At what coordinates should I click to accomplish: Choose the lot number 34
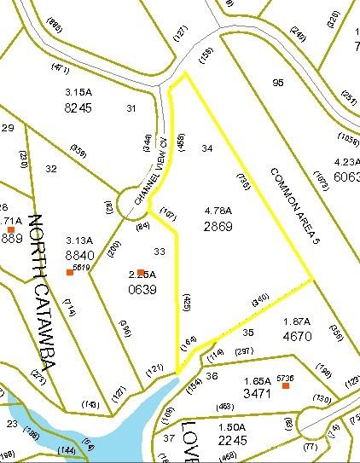click(x=206, y=148)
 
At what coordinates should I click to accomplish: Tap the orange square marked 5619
click(x=70, y=273)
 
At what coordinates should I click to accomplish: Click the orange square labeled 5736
click(x=286, y=386)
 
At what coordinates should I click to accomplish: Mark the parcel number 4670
click(x=299, y=336)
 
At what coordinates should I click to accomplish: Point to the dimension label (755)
click(x=244, y=180)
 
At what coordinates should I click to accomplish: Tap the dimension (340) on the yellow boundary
click(x=261, y=301)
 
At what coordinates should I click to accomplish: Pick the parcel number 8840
click(x=78, y=255)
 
